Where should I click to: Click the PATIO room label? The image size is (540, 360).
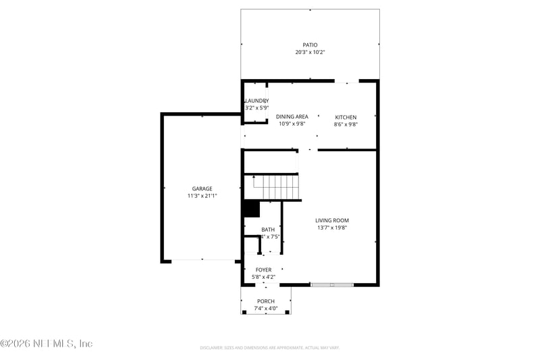click(310, 45)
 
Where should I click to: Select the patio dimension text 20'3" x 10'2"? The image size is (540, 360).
click(310, 53)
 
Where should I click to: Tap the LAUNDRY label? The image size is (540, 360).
click(256, 101)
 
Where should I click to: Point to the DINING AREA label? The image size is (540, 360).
click(292, 117)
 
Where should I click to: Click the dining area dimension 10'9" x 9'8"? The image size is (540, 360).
click(292, 124)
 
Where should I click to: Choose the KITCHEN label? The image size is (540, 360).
click(346, 117)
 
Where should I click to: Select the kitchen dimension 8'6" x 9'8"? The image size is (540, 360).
click(346, 124)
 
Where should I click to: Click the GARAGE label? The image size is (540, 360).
click(202, 188)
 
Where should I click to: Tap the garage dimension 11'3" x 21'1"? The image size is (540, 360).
click(202, 196)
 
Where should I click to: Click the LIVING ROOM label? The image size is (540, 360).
click(332, 220)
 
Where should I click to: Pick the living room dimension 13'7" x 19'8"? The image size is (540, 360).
click(332, 228)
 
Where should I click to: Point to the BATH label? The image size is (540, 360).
click(268, 230)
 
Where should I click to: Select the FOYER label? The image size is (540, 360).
click(263, 269)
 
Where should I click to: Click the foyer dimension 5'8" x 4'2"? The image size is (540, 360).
click(263, 277)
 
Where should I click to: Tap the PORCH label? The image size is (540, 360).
click(266, 301)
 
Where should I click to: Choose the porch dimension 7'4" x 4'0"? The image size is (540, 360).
click(266, 309)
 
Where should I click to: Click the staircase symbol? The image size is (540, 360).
click(275, 185)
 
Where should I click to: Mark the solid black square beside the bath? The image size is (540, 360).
click(252, 209)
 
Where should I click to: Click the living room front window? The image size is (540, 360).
click(331, 285)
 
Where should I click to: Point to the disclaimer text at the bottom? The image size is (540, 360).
click(269, 348)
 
